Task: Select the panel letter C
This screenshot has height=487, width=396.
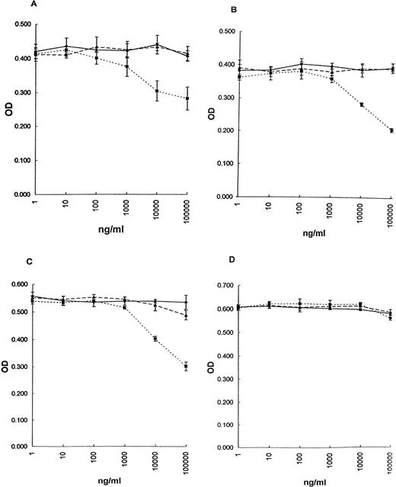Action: click(25, 261)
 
